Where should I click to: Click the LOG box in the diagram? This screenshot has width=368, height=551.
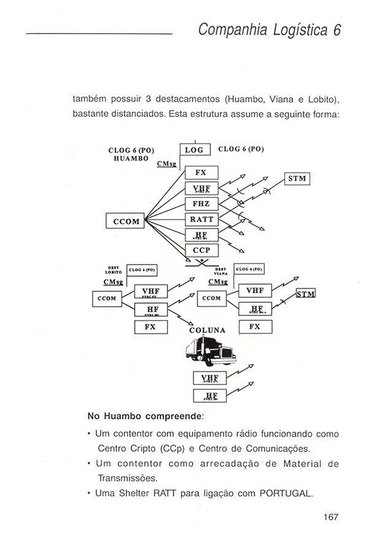tap(194, 149)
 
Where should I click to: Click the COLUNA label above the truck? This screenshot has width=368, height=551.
tap(208, 331)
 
